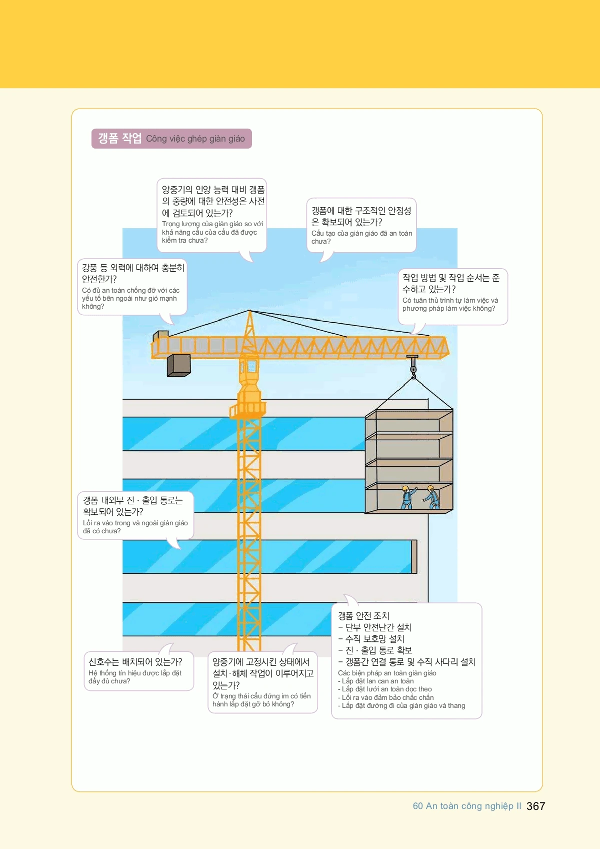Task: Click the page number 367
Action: point(535,806)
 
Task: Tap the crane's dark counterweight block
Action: point(179,365)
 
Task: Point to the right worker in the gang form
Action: point(432,497)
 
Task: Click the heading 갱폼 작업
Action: point(119,139)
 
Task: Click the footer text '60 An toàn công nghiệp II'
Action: point(466,806)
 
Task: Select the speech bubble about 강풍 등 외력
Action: point(132,287)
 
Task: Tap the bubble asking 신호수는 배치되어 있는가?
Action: point(138,671)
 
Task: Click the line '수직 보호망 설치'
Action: point(371,639)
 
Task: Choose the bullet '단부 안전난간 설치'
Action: point(375,627)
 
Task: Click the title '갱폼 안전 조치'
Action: point(363,616)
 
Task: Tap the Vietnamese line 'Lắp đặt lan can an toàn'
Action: point(376,681)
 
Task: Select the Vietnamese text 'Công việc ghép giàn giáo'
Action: point(195,139)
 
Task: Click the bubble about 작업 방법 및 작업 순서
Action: point(452,297)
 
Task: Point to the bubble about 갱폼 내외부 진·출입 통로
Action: point(135,515)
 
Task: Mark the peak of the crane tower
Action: point(249,310)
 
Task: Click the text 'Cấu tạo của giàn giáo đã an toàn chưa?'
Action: point(361,237)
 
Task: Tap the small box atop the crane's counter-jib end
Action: point(160,335)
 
